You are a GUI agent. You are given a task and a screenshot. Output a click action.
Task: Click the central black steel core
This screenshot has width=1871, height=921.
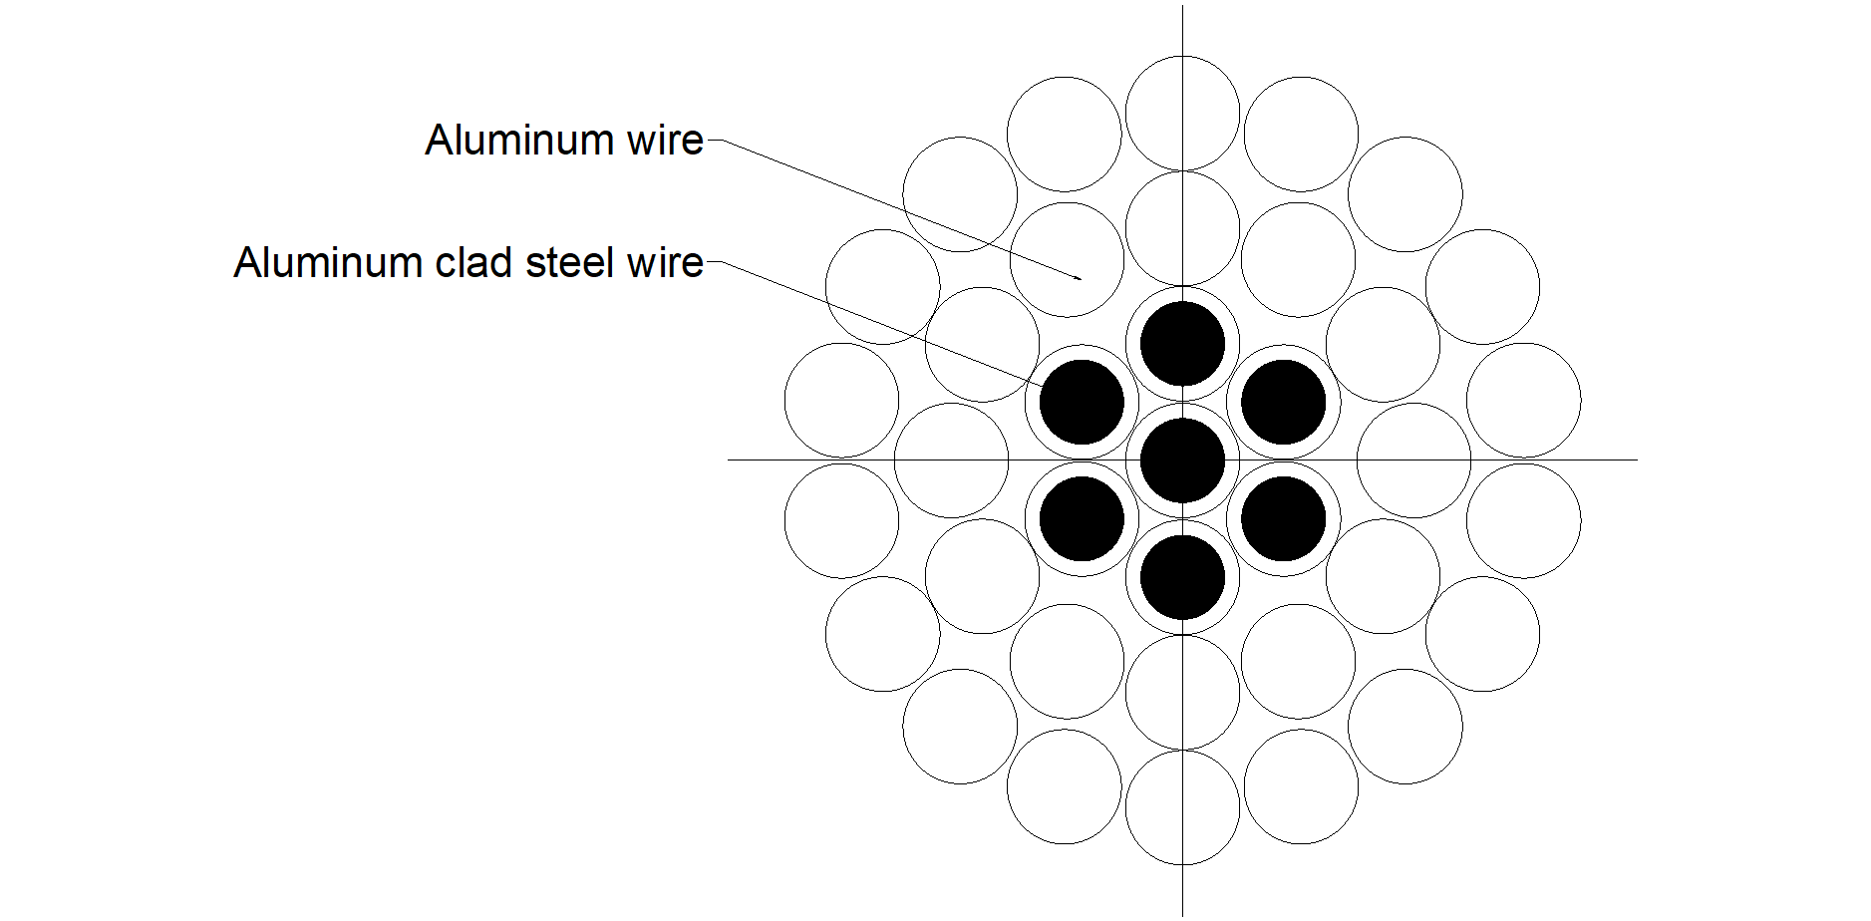click(x=1182, y=460)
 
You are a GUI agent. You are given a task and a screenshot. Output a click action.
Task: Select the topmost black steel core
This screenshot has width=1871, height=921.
click(x=1182, y=343)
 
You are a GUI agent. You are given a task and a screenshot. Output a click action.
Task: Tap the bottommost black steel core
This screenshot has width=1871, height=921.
click(x=1182, y=577)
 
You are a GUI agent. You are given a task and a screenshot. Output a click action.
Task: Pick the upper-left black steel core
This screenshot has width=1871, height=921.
click(x=1082, y=402)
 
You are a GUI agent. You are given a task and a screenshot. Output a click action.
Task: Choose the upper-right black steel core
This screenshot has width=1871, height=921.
click(x=1284, y=402)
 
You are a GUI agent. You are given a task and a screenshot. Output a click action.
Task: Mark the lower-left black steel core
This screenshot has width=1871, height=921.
click(x=1082, y=518)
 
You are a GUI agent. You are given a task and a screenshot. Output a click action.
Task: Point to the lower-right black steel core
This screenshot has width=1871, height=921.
click(x=1284, y=518)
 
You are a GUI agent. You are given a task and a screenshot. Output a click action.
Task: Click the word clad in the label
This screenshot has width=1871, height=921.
click(x=473, y=262)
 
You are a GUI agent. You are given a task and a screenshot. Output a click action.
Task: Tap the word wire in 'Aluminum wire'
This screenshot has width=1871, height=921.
click(x=665, y=140)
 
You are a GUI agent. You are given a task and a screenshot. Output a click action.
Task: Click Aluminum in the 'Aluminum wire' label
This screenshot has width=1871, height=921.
click(x=519, y=140)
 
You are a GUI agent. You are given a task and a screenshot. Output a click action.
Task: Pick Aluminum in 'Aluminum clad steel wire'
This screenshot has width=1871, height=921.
click(x=328, y=262)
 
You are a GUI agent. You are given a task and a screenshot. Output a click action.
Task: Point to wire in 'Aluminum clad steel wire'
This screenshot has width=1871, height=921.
click(x=665, y=262)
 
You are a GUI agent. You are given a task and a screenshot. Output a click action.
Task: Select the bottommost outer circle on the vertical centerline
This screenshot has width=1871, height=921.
click(x=1182, y=864)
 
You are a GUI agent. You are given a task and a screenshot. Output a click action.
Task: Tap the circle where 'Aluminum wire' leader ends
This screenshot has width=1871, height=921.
click(x=1067, y=203)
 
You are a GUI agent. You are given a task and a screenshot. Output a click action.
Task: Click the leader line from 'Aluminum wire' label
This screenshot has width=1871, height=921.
click(x=894, y=209)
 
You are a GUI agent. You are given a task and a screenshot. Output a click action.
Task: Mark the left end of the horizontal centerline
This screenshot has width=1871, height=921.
click(x=729, y=460)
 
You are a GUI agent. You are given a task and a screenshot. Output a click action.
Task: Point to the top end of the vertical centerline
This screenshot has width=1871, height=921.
click(x=1182, y=6)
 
